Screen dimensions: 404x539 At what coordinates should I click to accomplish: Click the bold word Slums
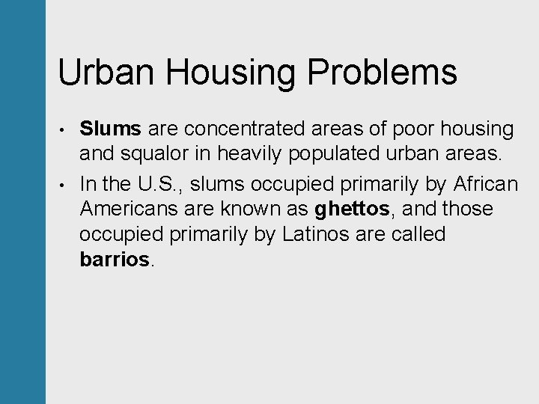coord(110,129)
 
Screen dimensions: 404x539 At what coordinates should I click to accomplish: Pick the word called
coord(417,235)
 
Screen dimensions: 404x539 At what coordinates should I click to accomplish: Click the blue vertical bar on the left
coord(22,202)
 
